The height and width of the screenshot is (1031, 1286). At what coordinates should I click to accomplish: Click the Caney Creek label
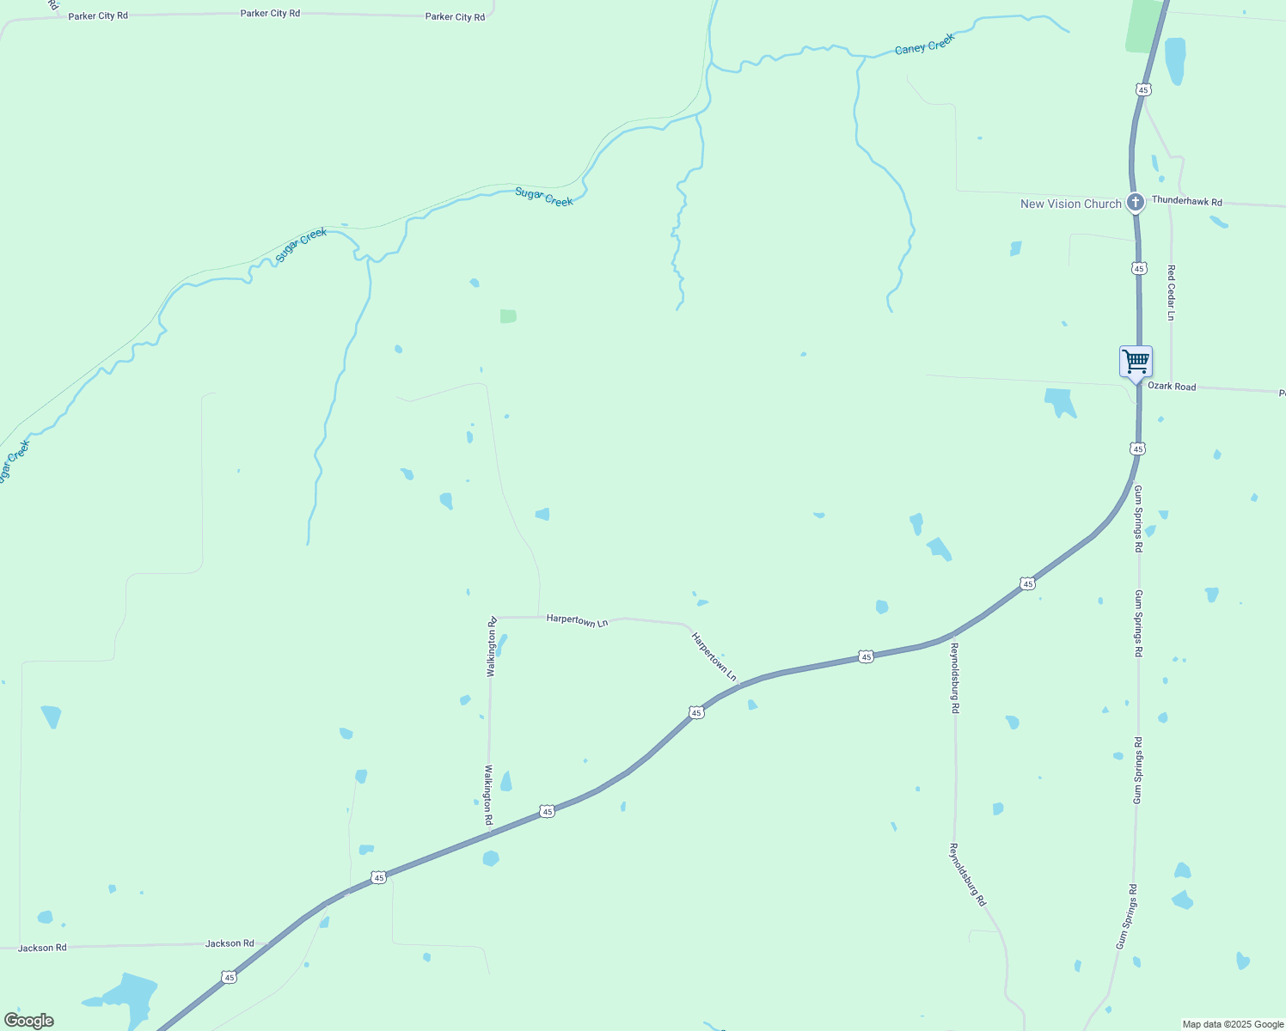[x=924, y=45]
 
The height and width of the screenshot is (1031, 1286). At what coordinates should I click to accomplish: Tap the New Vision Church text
[x=1070, y=204]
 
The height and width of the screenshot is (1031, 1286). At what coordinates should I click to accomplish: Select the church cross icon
[x=1136, y=203]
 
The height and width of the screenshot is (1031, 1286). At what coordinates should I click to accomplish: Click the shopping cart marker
[x=1136, y=362]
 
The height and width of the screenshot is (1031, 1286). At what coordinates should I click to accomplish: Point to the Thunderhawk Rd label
[x=1186, y=201]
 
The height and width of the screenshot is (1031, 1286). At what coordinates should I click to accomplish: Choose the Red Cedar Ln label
[x=1171, y=292]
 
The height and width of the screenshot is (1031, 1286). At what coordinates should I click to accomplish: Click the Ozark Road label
[x=1172, y=387]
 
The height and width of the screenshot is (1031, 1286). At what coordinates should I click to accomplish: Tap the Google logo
[x=29, y=1021]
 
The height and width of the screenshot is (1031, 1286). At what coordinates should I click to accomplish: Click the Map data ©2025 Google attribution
[x=1232, y=1024]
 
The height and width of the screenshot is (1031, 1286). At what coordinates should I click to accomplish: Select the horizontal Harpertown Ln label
[x=577, y=620]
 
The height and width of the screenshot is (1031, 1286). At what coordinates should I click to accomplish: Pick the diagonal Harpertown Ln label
[x=713, y=657]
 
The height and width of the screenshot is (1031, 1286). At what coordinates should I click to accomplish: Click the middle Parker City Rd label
[x=270, y=14]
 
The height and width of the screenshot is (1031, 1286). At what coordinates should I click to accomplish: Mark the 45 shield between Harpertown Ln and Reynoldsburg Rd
[x=866, y=657]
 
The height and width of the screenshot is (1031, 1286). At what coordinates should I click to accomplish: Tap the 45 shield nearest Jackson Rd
[x=228, y=977]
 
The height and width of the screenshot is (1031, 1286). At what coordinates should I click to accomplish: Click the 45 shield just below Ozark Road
[x=1137, y=448]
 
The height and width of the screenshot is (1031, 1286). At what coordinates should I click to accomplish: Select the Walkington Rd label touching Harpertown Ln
[x=492, y=647]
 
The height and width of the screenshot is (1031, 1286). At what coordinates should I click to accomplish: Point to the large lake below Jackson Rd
[x=129, y=995]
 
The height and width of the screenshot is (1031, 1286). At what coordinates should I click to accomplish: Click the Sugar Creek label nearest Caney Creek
[x=544, y=197]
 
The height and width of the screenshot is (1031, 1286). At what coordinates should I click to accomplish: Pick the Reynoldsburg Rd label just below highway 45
[x=955, y=678]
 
